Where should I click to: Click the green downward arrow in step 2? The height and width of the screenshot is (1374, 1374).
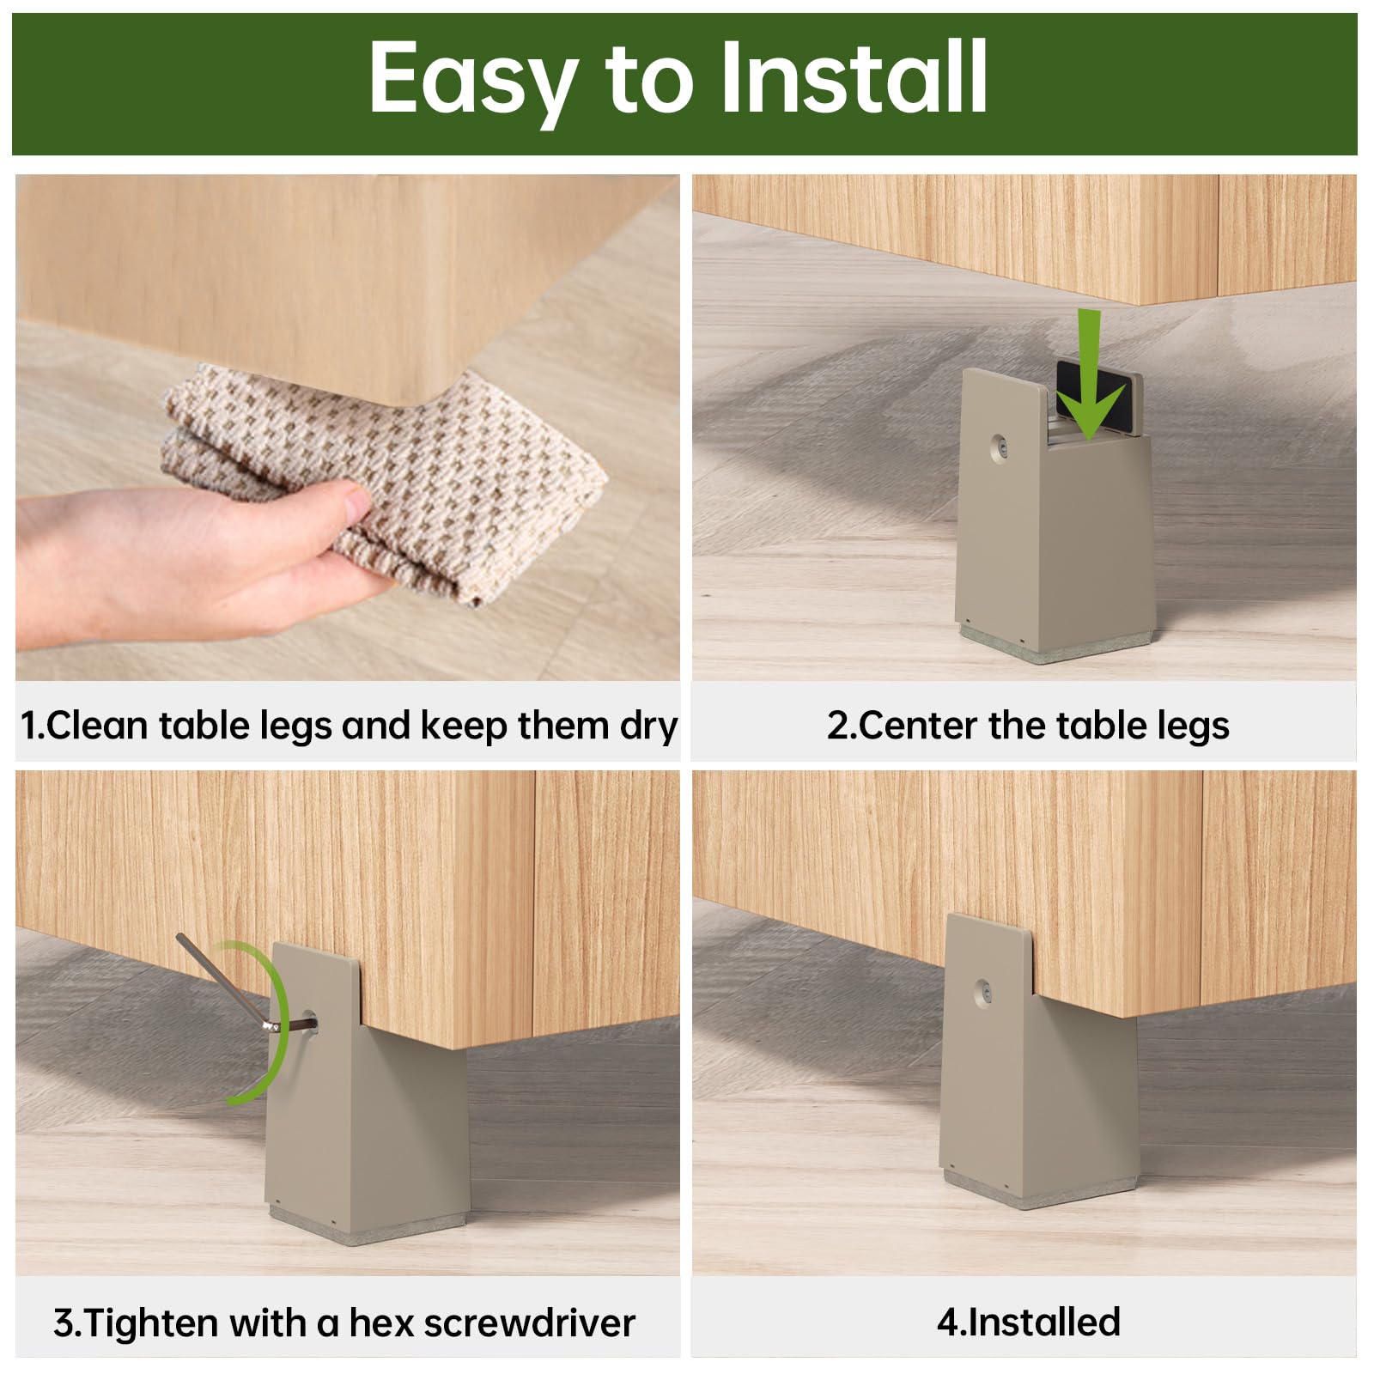click(1090, 374)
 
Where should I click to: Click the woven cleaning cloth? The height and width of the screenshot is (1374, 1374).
click(386, 481)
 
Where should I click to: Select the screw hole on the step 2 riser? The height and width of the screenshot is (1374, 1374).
click(1000, 447)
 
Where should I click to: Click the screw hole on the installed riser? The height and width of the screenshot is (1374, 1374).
click(983, 992)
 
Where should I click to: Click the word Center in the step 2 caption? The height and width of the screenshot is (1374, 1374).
click(917, 726)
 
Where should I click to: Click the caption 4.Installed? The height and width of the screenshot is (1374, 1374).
click(1029, 1322)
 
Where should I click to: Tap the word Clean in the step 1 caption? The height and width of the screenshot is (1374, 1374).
click(97, 726)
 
